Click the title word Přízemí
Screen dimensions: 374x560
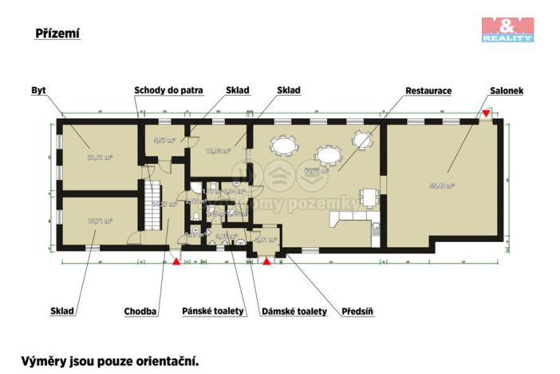point(58,34)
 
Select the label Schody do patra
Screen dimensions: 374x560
point(169,90)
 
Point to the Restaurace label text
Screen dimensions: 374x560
point(428,90)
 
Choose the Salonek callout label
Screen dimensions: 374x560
point(506,90)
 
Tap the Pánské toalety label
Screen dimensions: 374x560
point(213,311)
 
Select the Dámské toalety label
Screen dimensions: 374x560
point(294,311)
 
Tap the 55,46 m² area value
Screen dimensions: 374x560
point(442,185)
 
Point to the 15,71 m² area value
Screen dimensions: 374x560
point(99,221)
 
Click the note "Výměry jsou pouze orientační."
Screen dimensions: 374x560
point(109,360)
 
